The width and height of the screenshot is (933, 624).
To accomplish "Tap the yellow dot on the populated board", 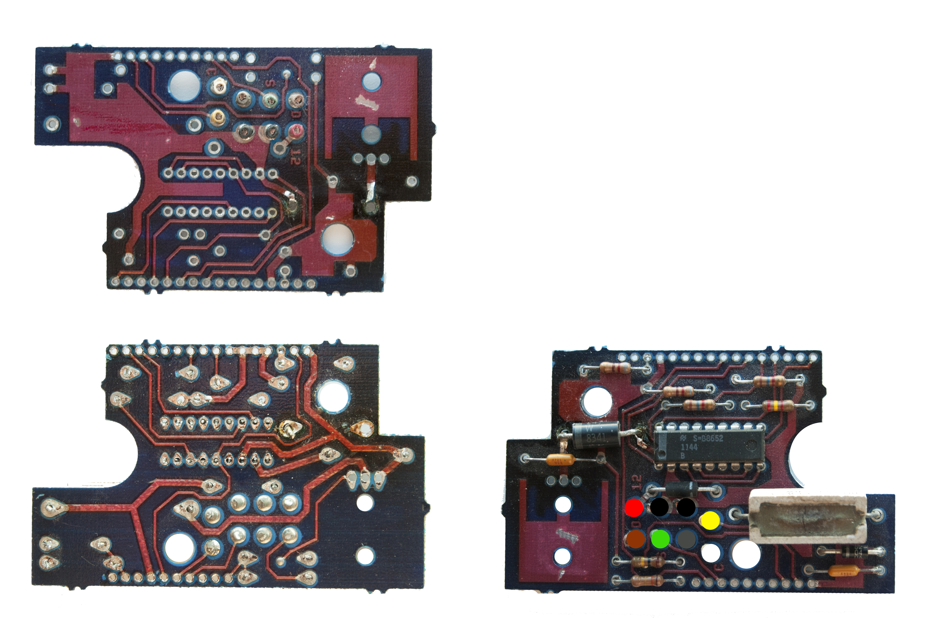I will pos(710,521).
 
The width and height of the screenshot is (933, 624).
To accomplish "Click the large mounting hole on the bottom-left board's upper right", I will pos(333,397).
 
